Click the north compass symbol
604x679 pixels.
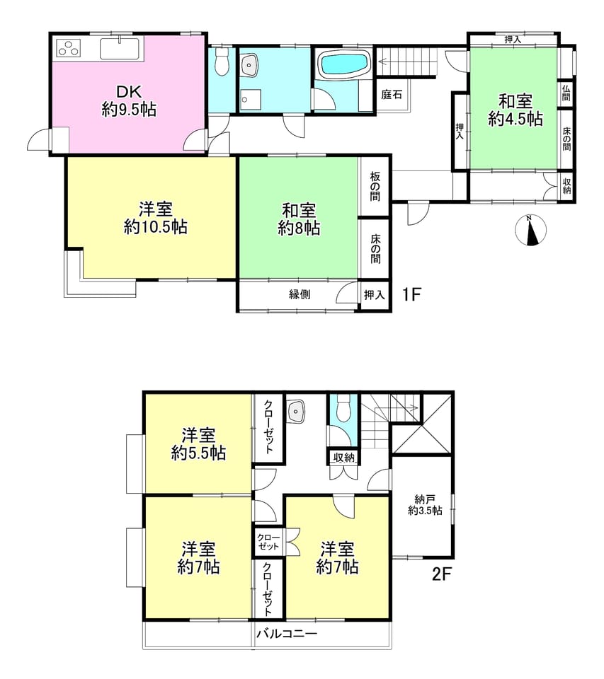tap(531, 230)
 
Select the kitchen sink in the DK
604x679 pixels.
tap(120, 49)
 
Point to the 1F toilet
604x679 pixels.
tap(222, 62)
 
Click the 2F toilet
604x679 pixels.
tap(343, 407)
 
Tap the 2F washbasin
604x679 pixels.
tap(296, 411)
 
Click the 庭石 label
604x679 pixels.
tap(392, 94)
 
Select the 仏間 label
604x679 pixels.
tap(566, 93)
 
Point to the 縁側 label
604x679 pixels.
tap(300, 294)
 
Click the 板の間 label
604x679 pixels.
tap(375, 187)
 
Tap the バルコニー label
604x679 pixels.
tap(287, 634)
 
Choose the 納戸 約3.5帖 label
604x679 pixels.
tap(425, 505)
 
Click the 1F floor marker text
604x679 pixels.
tap(411, 294)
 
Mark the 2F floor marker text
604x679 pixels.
tap(442, 574)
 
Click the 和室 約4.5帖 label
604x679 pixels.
tap(515, 110)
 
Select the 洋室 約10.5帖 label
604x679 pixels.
tap(156, 218)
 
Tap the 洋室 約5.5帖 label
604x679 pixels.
tap(198, 444)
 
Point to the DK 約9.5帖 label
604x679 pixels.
tap(129, 100)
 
